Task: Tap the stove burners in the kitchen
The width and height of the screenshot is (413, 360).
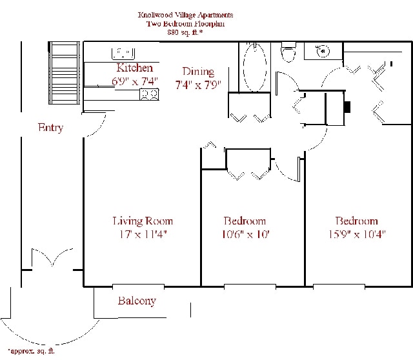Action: [x=150, y=95]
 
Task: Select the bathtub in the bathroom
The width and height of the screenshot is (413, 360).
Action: [x=255, y=67]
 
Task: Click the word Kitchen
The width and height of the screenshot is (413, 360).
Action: [x=134, y=68]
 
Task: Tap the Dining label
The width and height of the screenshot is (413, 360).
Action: [x=198, y=72]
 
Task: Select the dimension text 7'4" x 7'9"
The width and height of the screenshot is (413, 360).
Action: [x=199, y=85]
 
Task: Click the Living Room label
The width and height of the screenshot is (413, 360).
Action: [x=143, y=221]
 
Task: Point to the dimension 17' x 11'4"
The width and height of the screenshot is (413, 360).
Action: [x=143, y=234]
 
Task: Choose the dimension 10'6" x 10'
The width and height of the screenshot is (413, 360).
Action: [x=245, y=234]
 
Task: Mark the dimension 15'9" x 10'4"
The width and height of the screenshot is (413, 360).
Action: [x=356, y=234]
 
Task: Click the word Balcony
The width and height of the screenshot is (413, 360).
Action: [x=137, y=301]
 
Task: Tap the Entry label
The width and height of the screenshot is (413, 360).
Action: [x=50, y=128]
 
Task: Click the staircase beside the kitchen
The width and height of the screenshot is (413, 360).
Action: [x=65, y=72]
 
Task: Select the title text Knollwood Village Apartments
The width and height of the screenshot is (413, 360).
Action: [x=186, y=14]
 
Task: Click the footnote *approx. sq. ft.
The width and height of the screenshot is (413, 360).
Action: [x=32, y=351]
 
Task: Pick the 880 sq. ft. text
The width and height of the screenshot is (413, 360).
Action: [x=186, y=32]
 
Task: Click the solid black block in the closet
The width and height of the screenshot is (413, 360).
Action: [x=347, y=107]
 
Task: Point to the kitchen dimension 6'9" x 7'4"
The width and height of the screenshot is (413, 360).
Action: [x=134, y=81]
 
